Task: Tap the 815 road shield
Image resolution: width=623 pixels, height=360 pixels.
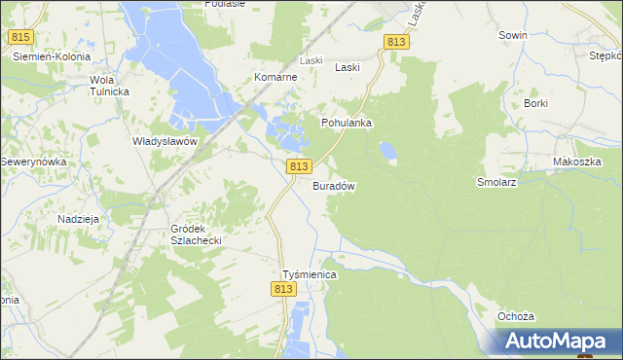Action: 20,37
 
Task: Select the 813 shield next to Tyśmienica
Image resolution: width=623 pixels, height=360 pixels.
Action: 284,290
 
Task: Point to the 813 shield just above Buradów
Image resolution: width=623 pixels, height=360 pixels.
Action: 299,167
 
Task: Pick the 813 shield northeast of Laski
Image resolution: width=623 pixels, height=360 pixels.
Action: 395,42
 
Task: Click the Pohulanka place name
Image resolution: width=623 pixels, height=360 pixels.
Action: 348,124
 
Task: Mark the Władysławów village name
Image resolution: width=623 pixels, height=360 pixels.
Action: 165,141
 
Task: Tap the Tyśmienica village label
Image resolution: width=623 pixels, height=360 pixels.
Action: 309,275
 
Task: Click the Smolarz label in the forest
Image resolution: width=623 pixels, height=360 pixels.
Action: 495,182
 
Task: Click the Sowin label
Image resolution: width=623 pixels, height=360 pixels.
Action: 512,35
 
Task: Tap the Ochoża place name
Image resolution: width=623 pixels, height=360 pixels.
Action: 516,317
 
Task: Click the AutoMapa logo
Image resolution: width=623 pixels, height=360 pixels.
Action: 558,341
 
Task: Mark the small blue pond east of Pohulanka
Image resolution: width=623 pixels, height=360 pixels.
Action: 387,151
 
